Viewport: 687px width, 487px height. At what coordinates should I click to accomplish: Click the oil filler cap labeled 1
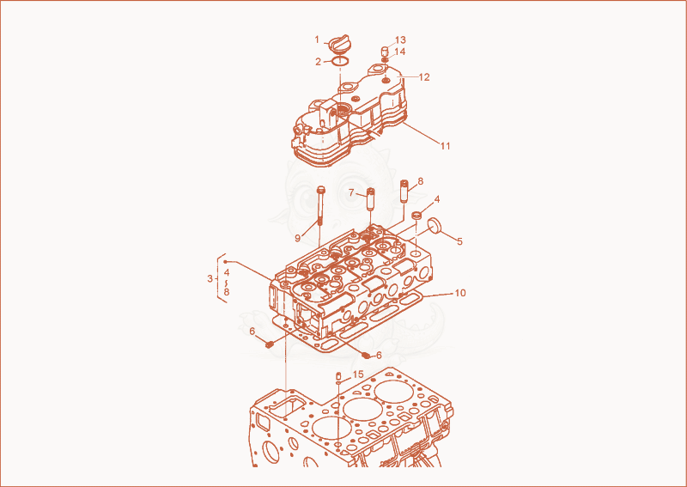(338, 43)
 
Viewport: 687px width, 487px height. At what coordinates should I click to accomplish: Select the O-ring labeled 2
(339, 61)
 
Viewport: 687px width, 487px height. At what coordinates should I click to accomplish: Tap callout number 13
(400, 40)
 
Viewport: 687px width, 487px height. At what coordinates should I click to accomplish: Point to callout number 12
(424, 76)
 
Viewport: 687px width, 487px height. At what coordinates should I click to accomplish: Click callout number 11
(445, 145)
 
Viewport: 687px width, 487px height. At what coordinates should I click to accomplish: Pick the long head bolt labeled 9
(321, 205)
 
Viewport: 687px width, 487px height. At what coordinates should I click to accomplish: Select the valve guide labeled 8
(404, 191)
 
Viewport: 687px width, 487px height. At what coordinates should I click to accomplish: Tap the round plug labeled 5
(435, 225)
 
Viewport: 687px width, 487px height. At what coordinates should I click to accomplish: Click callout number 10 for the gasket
(460, 292)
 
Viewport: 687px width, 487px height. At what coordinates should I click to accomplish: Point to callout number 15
(358, 374)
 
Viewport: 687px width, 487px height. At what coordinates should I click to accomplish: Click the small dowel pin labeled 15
(338, 376)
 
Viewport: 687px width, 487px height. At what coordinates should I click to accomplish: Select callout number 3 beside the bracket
(210, 278)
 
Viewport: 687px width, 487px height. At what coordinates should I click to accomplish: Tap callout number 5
(459, 241)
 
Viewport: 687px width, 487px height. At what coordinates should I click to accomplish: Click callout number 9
(298, 238)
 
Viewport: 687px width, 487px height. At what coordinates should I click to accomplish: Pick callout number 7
(351, 193)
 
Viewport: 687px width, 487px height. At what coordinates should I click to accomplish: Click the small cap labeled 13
(385, 51)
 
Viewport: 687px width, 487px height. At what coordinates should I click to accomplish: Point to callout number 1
(317, 40)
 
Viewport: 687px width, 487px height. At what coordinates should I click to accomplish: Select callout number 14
(399, 52)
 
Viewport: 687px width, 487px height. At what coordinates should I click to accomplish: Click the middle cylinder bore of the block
(361, 408)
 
